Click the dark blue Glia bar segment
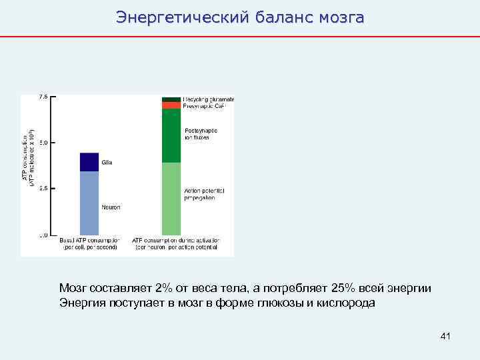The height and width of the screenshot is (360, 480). tap(89, 162)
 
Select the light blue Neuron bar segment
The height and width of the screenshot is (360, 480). tap(89, 203)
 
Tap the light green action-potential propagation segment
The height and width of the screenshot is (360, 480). tap(171, 198)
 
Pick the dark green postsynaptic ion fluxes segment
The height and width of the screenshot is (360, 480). tap(171, 135)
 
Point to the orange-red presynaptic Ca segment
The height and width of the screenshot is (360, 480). tap(171, 105)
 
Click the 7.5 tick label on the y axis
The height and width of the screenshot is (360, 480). tap(43, 97)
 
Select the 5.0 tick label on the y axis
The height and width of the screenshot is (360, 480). tap(43, 143)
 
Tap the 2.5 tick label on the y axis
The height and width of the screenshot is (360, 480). tap(43, 189)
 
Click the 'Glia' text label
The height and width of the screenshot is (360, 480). tap(107, 161)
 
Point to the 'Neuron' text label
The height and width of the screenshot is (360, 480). tap(111, 207)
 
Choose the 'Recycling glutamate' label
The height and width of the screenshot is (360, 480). tap(209, 99)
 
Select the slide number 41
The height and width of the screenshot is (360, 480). tap(445, 337)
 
